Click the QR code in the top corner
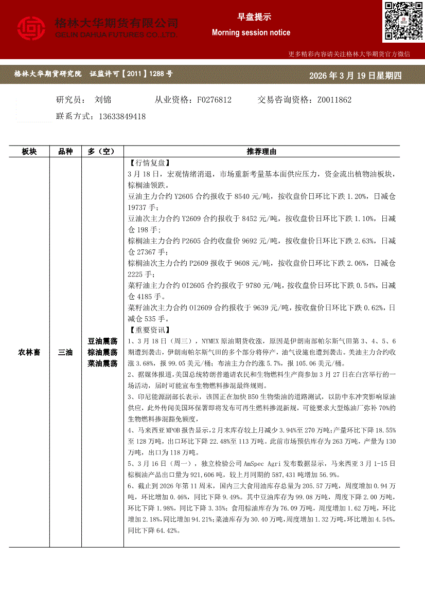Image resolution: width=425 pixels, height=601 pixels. point(403,21)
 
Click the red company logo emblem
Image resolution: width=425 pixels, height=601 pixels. point(31,29)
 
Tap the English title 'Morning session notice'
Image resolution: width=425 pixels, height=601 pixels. point(251,32)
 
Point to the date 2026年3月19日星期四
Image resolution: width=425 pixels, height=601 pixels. point(355,76)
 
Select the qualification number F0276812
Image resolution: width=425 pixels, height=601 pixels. point(214,100)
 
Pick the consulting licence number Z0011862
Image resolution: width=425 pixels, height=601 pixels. point(334,100)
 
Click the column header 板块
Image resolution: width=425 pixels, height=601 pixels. point(29,152)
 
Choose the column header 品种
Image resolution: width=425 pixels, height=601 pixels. point(66,152)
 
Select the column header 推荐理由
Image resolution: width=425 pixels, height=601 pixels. point(261,152)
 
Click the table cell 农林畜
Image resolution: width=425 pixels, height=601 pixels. point(29,352)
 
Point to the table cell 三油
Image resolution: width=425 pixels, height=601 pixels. point(66,352)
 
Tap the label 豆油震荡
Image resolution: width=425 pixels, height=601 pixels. point(103,341)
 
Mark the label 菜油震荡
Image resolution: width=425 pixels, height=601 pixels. point(103,363)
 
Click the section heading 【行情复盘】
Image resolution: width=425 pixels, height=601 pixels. point(148,162)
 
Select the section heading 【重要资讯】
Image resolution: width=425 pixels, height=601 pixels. point(148,330)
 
